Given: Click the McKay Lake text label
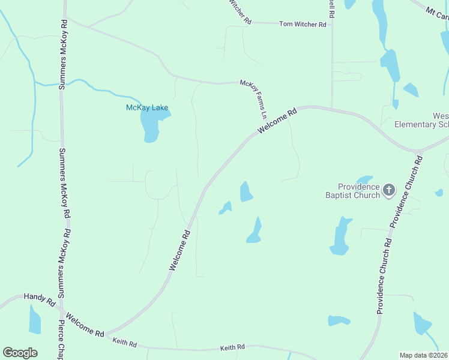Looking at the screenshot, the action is (x=147, y=108).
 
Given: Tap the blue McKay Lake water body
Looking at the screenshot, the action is (x=150, y=126).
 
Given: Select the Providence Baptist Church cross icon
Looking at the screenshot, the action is (x=388, y=191).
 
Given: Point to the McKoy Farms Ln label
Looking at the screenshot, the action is (x=254, y=99).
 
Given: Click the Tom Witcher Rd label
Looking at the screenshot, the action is (x=303, y=25).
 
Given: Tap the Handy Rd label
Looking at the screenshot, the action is (x=40, y=296).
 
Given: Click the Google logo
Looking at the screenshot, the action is (x=20, y=352).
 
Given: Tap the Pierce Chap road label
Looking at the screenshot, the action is (x=61, y=339).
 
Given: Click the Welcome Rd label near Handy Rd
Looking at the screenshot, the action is (x=85, y=325).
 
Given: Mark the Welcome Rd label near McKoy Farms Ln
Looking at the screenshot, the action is (x=277, y=121).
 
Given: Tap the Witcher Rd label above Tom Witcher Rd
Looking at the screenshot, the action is (x=239, y=11).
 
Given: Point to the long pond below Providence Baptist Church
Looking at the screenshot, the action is (x=340, y=236).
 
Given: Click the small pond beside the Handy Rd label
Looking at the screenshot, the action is (x=35, y=320).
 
